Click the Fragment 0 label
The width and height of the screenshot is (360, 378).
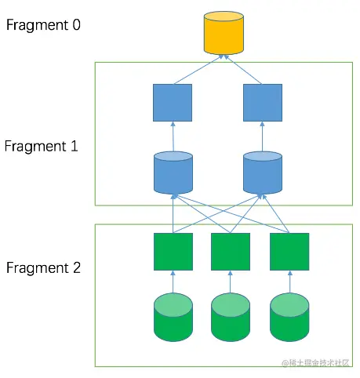[x=43, y=24]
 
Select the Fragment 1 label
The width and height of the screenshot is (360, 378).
[x=41, y=146]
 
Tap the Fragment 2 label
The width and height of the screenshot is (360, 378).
[x=43, y=267]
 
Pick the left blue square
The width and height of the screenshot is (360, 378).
[x=173, y=102]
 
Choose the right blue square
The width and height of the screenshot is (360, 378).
[x=262, y=102]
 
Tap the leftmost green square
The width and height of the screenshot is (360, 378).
[x=173, y=252]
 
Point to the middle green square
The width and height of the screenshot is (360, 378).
[x=231, y=252]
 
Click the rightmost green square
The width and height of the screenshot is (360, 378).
[x=289, y=252]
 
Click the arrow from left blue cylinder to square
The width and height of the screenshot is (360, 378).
[x=173, y=136]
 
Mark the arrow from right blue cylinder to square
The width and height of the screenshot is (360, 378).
[x=262, y=136]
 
